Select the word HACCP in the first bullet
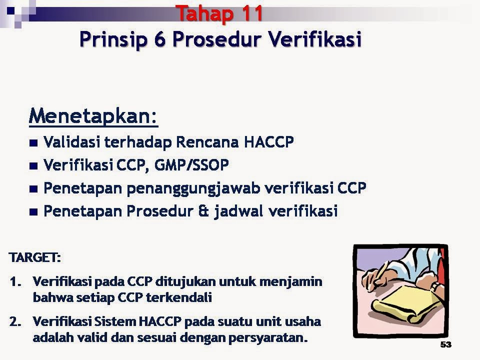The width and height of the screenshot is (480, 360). coord(268,142)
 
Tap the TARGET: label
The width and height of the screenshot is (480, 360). coord(34,258)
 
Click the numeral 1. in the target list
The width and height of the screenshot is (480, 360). coord(15,281)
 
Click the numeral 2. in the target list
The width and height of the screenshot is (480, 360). coord(15,321)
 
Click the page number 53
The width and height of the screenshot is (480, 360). coord(445,345)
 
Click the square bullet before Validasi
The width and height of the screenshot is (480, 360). coord(33,143)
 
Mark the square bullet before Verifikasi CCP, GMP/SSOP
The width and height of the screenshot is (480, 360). coord(33,165)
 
